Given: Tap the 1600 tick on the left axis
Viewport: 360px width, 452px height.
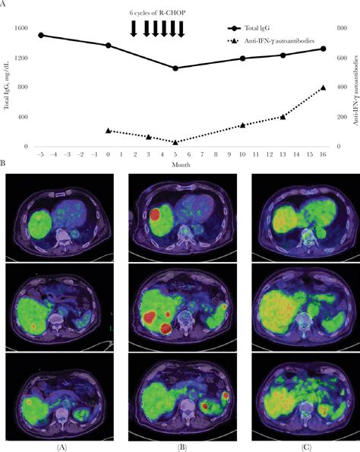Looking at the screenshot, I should click(18, 28).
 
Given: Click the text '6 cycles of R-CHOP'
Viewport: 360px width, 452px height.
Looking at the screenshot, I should click(156, 14).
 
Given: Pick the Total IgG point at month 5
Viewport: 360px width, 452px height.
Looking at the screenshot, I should click(175, 68).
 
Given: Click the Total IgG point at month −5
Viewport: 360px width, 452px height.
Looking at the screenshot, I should click(41, 35).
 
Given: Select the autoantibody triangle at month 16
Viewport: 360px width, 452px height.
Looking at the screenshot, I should click(323, 87).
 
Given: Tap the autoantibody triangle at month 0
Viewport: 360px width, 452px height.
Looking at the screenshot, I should click(108, 131).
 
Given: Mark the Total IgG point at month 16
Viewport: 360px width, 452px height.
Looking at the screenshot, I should click(323, 49).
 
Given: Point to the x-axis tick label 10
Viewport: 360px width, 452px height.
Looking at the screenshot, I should click(242, 154).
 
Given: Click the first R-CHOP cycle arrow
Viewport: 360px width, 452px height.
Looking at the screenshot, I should click(134, 28).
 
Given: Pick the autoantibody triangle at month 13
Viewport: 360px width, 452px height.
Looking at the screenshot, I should click(283, 116).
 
